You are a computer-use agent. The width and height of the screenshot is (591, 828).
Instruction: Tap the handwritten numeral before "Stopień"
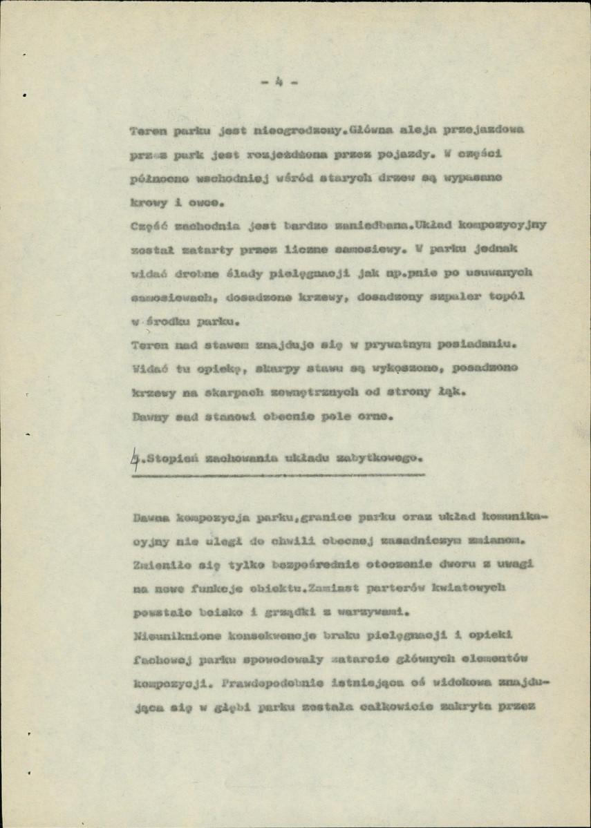133,456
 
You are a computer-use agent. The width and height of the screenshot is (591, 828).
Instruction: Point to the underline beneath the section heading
276,475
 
